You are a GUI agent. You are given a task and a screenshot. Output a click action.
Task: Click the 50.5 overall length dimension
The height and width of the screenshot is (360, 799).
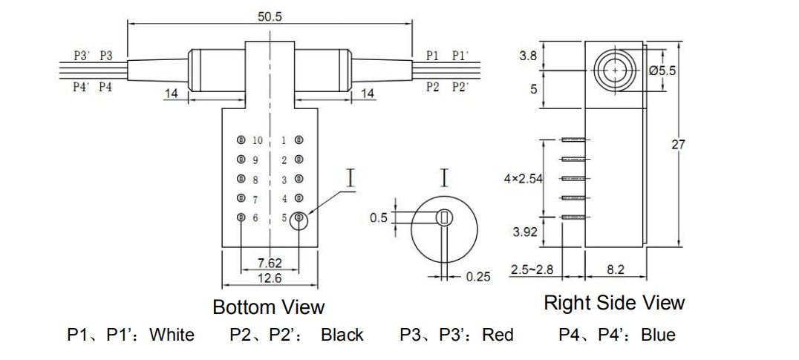tap(270, 16)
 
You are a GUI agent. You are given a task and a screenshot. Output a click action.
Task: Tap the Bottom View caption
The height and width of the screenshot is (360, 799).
tap(268, 307)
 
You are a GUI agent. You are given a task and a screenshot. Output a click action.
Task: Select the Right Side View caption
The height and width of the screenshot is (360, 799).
tap(614, 303)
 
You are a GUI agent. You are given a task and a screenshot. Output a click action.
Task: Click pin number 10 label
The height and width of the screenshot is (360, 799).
tap(258, 140)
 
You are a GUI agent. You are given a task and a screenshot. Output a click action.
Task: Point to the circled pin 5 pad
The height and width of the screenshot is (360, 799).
tap(299, 218)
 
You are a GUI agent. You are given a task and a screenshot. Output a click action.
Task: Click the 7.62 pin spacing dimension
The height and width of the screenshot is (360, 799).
tap(269, 263)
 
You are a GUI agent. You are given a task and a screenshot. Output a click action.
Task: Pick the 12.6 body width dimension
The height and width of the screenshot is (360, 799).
tap(269, 278)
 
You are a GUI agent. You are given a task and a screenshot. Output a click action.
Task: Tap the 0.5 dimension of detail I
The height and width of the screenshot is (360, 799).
tap(379, 217)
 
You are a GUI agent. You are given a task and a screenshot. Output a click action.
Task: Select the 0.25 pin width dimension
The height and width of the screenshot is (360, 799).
tap(478, 277)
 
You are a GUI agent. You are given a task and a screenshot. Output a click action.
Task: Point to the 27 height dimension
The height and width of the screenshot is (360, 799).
tap(679, 145)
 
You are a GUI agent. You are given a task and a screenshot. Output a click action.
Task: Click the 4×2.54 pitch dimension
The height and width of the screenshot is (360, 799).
tap(523, 179)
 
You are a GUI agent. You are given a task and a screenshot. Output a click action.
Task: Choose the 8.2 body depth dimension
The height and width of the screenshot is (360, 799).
tap(616, 270)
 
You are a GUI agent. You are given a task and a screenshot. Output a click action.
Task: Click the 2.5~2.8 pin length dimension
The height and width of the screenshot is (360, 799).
tap(532, 270)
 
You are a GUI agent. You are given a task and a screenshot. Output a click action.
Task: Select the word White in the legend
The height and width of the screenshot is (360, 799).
tap(172, 335)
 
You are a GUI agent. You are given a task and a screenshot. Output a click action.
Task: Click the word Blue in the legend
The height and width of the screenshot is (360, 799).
tap(657, 335)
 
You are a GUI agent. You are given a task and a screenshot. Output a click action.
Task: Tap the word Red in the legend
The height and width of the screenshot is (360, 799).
tap(498, 335)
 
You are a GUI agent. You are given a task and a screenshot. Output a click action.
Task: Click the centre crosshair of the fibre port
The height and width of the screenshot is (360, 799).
tap(615, 69)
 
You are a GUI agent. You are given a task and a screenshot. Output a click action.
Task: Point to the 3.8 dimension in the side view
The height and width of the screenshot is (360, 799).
tap(528, 56)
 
